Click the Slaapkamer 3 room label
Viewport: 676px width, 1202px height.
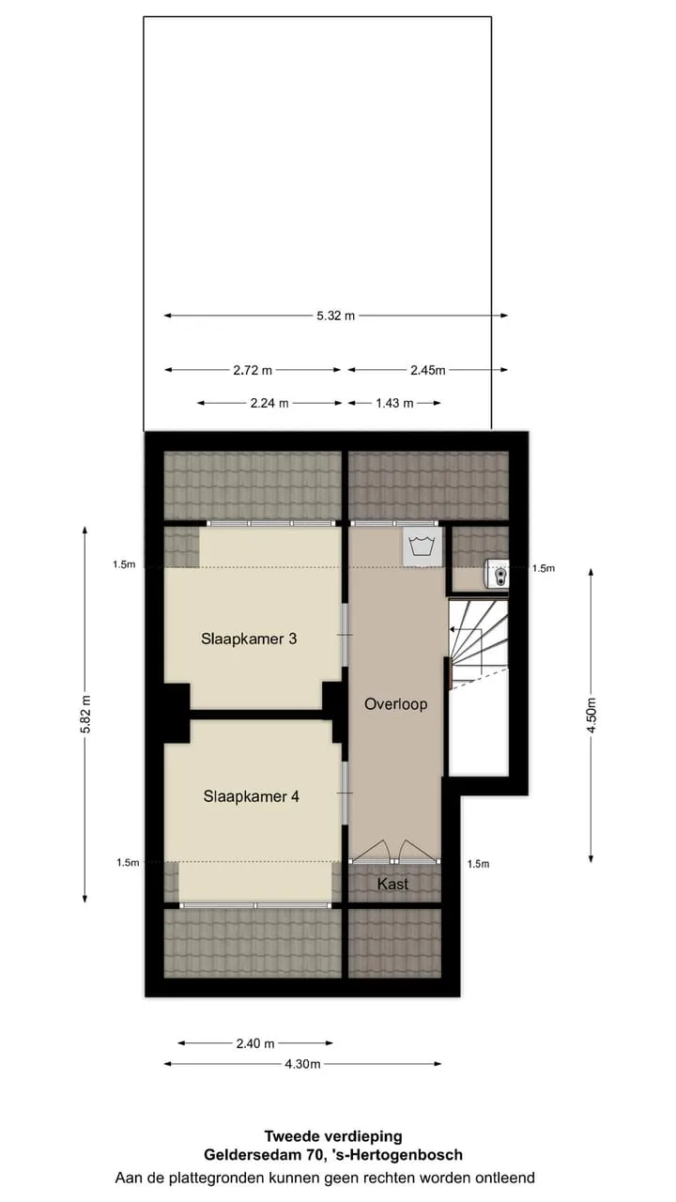(x=249, y=639)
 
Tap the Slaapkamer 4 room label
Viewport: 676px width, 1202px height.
(x=251, y=796)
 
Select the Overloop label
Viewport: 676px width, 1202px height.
(x=396, y=704)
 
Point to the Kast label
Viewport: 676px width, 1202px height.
(x=392, y=884)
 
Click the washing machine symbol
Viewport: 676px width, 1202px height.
(x=422, y=546)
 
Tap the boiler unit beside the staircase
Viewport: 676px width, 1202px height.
(x=497, y=574)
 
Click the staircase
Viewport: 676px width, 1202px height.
(x=478, y=644)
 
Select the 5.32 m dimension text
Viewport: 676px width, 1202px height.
(x=336, y=316)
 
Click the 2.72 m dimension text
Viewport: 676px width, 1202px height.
(x=253, y=370)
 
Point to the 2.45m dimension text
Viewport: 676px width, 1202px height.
(x=428, y=370)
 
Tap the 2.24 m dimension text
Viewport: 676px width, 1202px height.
(x=269, y=403)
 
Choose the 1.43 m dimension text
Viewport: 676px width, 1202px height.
(x=394, y=403)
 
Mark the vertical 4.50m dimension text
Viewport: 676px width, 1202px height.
(x=591, y=715)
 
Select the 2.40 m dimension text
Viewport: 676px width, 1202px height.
(x=255, y=1043)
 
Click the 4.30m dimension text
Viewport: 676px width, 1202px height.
(x=302, y=1064)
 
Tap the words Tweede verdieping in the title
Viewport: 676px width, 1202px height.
(x=333, y=1136)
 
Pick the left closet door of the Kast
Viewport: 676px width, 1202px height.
(x=370, y=852)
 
